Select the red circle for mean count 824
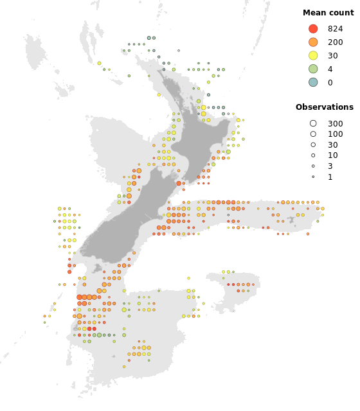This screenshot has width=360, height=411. (x=313, y=29)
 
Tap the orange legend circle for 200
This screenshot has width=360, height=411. (x=313, y=42)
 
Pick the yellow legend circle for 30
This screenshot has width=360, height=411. (x=313, y=56)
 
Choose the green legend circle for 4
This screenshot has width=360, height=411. (x=313, y=69)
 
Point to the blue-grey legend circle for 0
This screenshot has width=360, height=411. (x=313, y=82)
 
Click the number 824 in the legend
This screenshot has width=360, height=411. (x=335, y=29)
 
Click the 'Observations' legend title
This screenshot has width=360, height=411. (x=324, y=107)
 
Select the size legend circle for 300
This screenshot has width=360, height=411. (x=313, y=123)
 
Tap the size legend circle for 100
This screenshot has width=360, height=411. (x=313, y=134)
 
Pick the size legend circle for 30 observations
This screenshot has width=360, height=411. (x=313, y=145)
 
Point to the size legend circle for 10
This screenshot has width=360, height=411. (x=313, y=155)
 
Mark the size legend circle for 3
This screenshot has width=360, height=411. (x=313, y=166)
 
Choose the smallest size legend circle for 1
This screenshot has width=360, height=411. (x=313, y=177)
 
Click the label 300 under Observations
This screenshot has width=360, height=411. (x=335, y=123)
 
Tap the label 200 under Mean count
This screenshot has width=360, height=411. (x=335, y=42)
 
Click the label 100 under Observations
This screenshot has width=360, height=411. (x=335, y=134)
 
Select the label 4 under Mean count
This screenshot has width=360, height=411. (x=330, y=69)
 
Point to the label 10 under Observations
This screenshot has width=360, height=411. (x=332, y=155)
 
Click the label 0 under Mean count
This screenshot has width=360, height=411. (x=330, y=82)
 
